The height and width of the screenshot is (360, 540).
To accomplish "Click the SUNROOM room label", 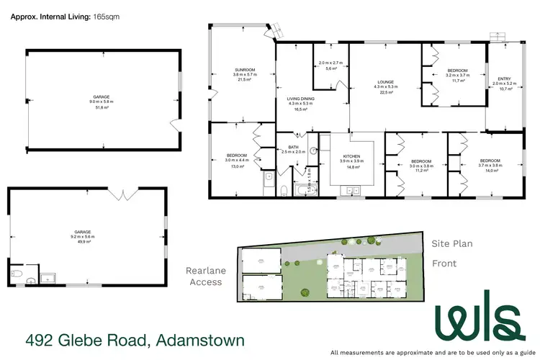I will pos(244,70).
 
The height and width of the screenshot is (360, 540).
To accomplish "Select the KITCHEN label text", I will pos(351,156).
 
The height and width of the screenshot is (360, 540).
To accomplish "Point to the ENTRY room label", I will pos(500,79).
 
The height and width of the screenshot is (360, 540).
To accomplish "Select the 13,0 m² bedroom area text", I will pos(238,166).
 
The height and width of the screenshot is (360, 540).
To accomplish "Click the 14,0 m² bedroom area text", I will pos(491,171).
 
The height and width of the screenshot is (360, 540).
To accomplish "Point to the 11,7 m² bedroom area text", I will pos(458,81).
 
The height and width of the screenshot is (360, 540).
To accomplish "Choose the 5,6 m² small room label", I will pos(332,68).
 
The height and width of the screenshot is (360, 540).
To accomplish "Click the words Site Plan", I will pos(451,244).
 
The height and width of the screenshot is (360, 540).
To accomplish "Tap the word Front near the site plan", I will pos(444,264).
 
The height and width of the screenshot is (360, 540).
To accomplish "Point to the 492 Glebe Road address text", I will pos(135,340).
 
